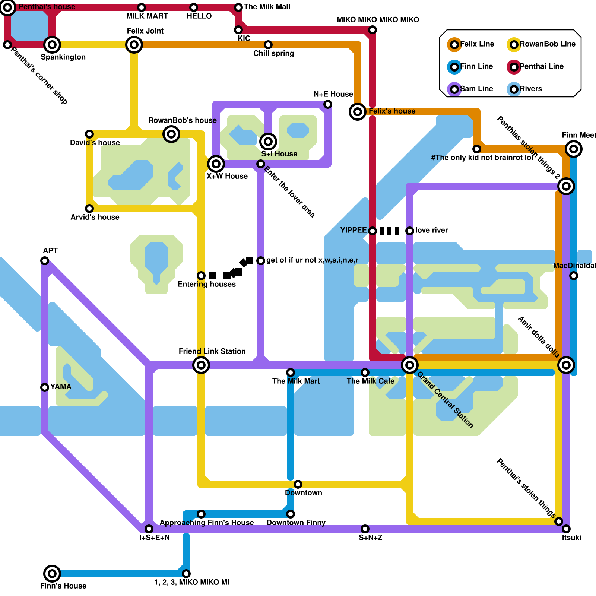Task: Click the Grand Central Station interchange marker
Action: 410,365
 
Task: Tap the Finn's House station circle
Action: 52,574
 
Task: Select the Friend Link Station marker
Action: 201,365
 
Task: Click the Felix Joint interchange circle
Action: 134,45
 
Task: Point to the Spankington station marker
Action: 52,45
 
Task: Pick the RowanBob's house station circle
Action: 171,134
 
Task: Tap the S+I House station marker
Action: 268,142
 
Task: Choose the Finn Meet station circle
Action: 574,149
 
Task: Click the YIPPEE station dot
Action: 372,231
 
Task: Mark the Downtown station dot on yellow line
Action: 298,484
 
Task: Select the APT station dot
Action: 45,261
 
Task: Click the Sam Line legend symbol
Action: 454,89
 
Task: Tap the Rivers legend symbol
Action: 514,89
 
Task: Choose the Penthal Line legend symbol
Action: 514,67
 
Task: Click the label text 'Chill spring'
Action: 273,53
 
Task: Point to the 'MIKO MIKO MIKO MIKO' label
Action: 378,20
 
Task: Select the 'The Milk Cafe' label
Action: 370,381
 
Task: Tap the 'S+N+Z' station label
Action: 370,538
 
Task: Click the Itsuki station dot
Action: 566,529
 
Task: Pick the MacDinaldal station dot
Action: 574,276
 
